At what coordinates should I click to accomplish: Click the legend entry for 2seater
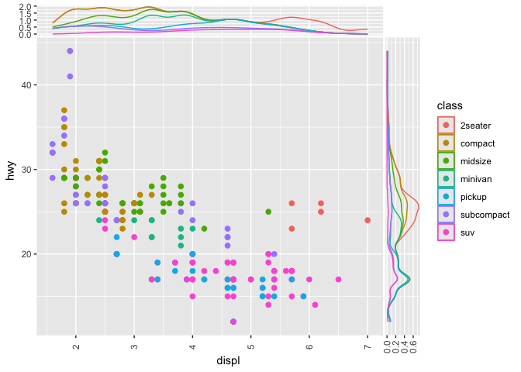pyautogui.click(x=474, y=126)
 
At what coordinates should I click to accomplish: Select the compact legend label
pyautogui.click(x=478, y=143)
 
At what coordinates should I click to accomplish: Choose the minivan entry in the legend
pyautogui.click(x=476, y=179)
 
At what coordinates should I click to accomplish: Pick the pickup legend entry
pyautogui.click(x=474, y=197)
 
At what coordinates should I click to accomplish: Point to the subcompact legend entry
pyautogui.click(x=483, y=215)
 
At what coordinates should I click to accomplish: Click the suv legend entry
pyautogui.click(x=468, y=232)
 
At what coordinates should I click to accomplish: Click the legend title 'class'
pyautogui.click(x=450, y=105)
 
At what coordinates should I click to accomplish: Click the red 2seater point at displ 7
pyautogui.click(x=367, y=220)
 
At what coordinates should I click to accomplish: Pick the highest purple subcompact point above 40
pyautogui.click(x=70, y=51)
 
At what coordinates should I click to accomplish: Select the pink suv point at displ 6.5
pyautogui.click(x=338, y=279)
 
